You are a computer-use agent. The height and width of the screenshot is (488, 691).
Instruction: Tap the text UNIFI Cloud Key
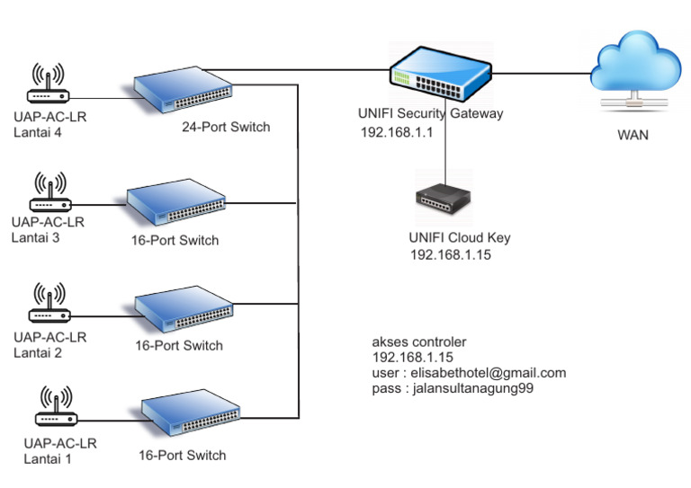[459, 238]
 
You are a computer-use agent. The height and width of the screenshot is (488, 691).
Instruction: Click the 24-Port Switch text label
[226, 127]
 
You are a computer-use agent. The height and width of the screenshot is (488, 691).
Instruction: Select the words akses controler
[419, 342]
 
